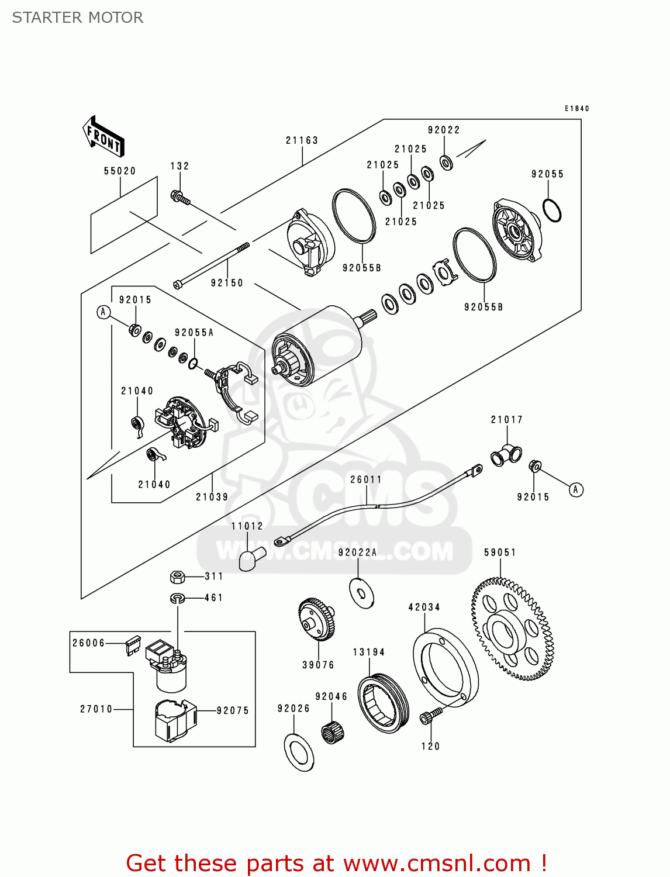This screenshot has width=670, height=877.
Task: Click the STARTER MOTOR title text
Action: click(x=78, y=18)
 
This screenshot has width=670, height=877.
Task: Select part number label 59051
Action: click(x=500, y=553)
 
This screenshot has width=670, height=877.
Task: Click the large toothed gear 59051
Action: click(x=512, y=629)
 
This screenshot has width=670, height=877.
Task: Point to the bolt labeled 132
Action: click(x=180, y=198)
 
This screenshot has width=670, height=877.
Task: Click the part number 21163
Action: click(x=302, y=140)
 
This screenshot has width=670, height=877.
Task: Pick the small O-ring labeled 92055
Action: click(x=552, y=210)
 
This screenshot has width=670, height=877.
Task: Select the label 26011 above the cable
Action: click(x=366, y=479)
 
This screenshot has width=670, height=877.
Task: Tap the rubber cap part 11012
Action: click(x=251, y=558)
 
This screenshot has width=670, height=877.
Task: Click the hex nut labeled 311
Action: click(x=178, y=577)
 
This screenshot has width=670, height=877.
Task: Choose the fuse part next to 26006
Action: click(x=133, y=645)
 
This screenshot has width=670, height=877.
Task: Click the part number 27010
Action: click(x=96, y=709)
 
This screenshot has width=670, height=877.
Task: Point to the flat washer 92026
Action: click(x=299, y=751)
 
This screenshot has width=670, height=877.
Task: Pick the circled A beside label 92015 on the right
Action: click(x=576, y=489)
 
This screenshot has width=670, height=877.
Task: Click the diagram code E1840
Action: click(x=576, y=108)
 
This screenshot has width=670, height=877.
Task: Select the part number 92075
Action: click(x=233, y=710)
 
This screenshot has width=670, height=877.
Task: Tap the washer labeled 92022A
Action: click(x=361, y=593)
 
